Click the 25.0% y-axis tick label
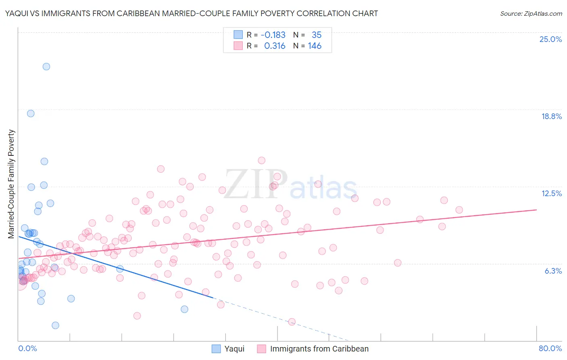[x=550, y=39]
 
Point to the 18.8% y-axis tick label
[x=551, y=116]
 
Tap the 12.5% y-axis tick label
[x=551, y=193]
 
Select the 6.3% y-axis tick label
[x=553, y=271]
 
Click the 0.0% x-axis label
[x=27, y=348]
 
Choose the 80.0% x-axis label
[x=550, y=348]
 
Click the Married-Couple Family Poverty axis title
[x=11, y=184]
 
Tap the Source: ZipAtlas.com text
[x=531, y=13]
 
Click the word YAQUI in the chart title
[x=16, y=13]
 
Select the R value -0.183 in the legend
[x=273, y=35]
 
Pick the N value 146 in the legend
[x=315, y=46]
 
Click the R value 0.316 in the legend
[x=275, y=46]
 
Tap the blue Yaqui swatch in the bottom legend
[x=217, y=349]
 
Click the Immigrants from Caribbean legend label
[x=319, y=349]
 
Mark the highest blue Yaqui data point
[x=46, y=67]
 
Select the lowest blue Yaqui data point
[x=56, y=325]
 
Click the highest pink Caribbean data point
[x=261, y=160]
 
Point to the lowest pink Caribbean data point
[x=292, y=322]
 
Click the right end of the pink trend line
[x=536, y=210]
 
